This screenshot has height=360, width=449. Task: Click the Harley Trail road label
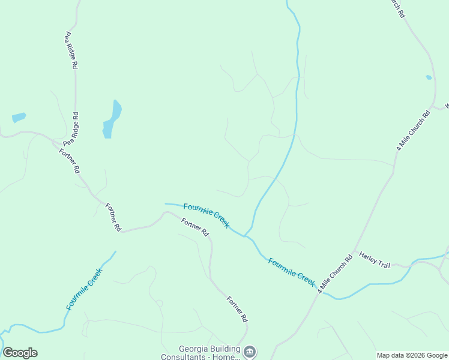[x=375, y=259]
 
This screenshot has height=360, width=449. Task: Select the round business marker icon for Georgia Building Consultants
[x=251, y=351]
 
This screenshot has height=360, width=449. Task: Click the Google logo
[x=20, y=353]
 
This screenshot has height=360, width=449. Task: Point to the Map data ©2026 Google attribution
[x=412, y=355]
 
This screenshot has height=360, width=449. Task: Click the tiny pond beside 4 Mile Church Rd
[x=429, y=77]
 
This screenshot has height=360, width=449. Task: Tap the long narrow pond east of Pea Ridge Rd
[x=112, y=119]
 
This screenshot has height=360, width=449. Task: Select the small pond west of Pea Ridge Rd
[x=19, y=118]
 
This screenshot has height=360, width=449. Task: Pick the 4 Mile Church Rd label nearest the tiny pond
[x=414, y=130]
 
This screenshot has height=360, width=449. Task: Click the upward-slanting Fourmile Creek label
[x=84, y=289]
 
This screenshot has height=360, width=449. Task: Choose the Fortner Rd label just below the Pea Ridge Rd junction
[x=69, y=160]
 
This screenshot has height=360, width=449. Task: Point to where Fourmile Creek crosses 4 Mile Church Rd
[x=319, y=291]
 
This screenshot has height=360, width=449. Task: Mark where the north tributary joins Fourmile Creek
[x=244, y=235]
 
